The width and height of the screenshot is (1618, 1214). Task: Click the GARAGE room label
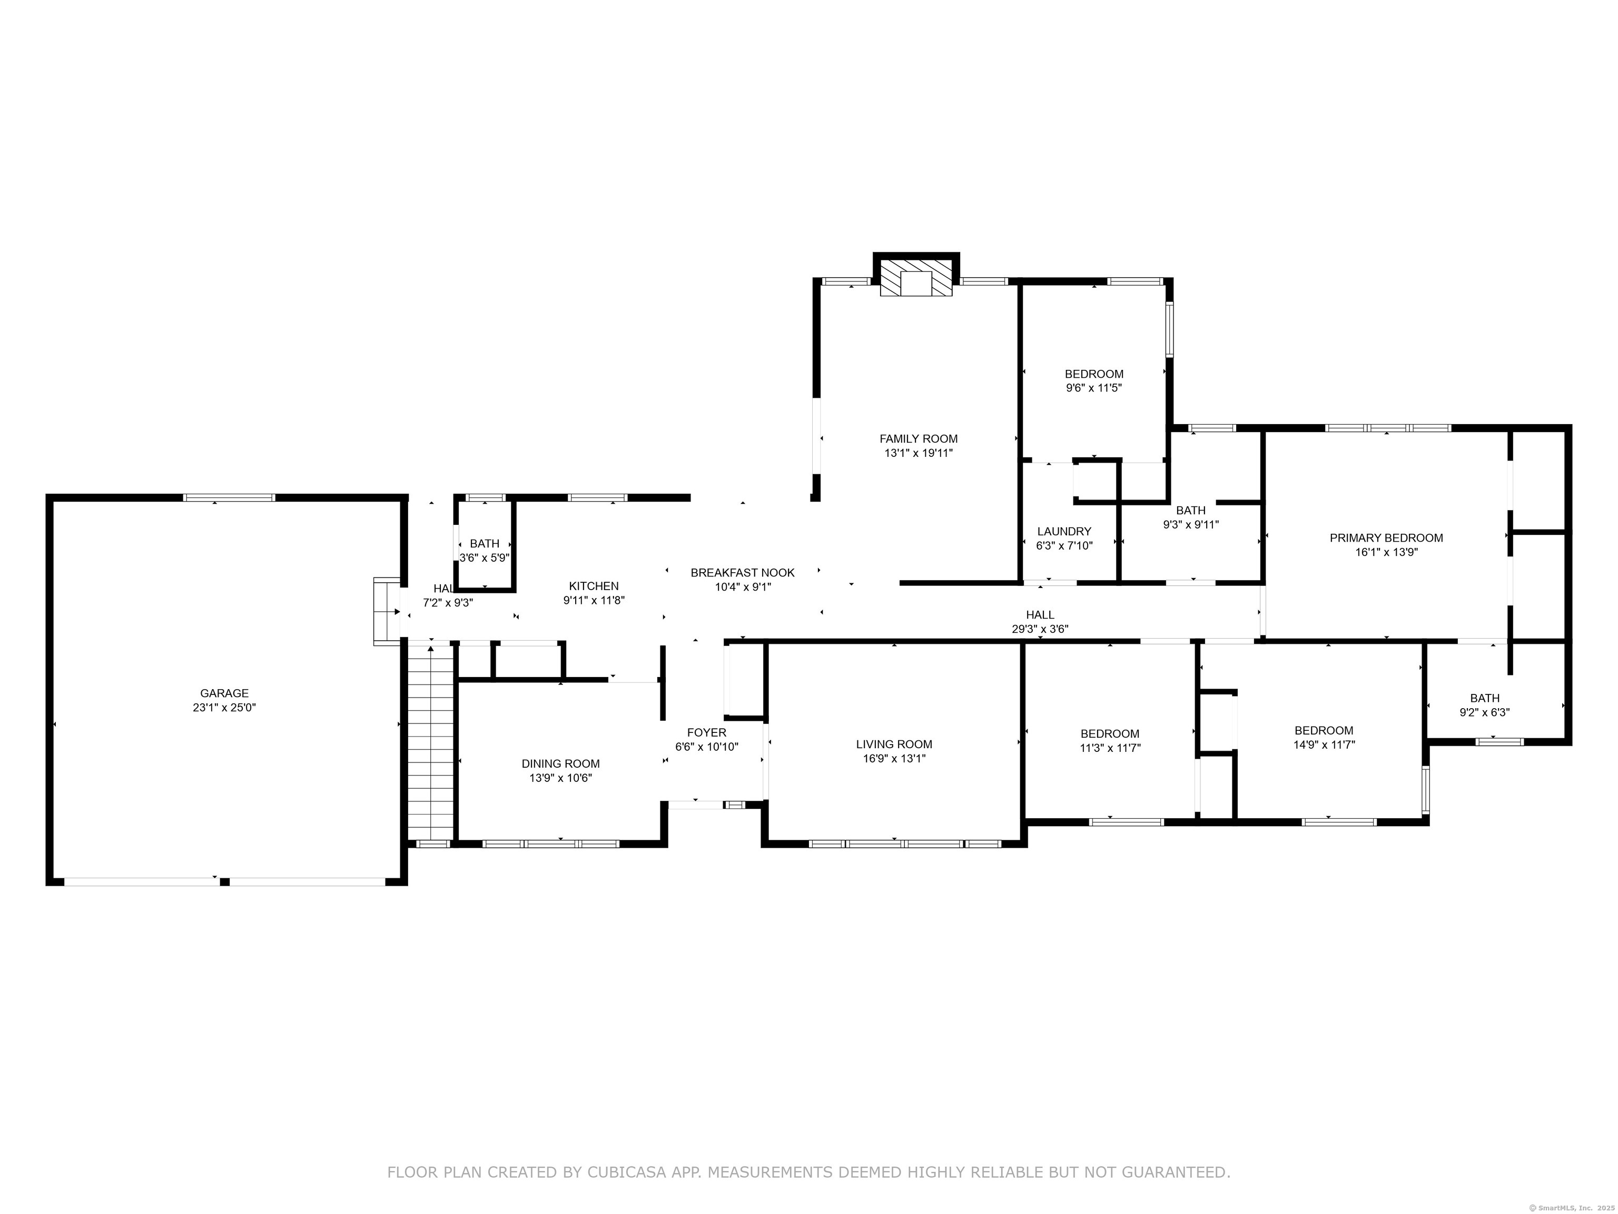click(x=224, y=693)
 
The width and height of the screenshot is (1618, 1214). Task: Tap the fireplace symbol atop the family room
click(x=916, y=277)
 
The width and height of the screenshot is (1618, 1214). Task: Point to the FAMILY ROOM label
click(x=918, y=439)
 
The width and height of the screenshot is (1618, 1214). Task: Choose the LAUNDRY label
click(x=1064, y=531)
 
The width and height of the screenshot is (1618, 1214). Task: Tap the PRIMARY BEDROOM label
click(x=1386, y=538)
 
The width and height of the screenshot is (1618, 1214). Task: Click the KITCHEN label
click(x=594, y=586)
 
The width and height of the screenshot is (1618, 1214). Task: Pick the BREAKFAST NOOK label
click(x=743, y=573)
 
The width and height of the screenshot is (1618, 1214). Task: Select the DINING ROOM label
click(x=560, y=764)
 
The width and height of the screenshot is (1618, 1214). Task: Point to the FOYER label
click(x=707, y=732)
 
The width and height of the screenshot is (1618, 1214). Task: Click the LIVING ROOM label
click(x=894, y=744)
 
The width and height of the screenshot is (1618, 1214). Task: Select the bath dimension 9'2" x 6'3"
click(x=1485, y=712)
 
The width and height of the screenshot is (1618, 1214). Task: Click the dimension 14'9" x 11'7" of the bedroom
click(x=1324, y=745)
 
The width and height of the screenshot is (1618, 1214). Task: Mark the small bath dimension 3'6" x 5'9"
click(x=484, y=557)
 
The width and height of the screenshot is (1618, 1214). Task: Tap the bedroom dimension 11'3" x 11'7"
click(x=1110, y=748)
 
